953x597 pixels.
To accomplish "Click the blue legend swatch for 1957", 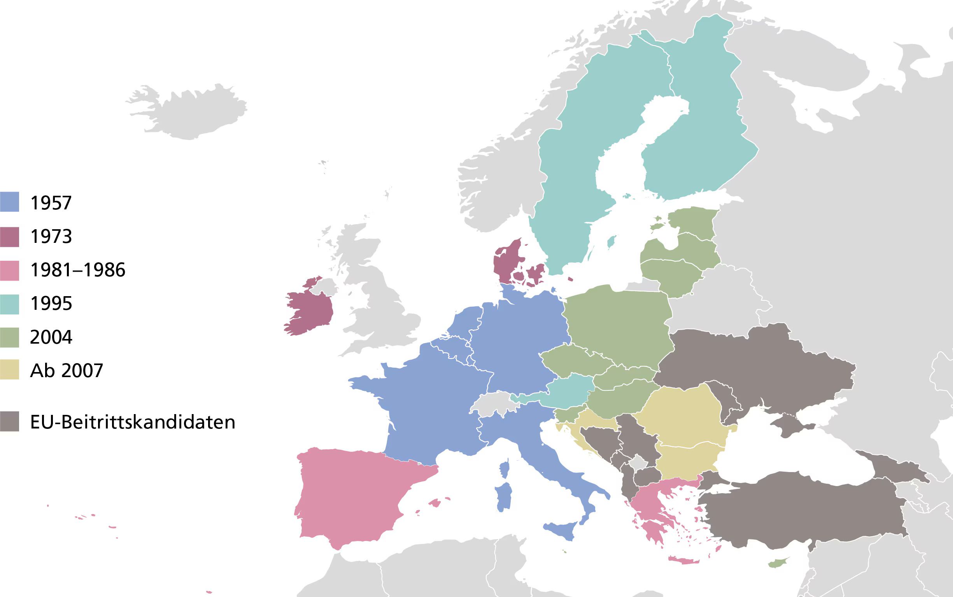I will click(9, 202).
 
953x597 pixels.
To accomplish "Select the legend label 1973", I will click(51, 237).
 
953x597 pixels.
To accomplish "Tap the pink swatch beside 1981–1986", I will click(9, 270).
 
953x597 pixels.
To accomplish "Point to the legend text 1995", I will click(51, 304).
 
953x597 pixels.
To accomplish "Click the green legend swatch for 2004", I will click(9, 337).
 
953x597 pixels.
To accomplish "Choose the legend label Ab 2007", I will click(66, 371).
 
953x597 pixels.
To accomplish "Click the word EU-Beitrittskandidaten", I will click(133, 422).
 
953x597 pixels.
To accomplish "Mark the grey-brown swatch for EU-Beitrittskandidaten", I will click(9, 421).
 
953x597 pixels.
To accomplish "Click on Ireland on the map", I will click(308, 312).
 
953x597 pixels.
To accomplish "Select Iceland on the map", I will click(189, 112).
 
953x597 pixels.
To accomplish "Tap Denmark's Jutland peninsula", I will click(507, 259).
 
